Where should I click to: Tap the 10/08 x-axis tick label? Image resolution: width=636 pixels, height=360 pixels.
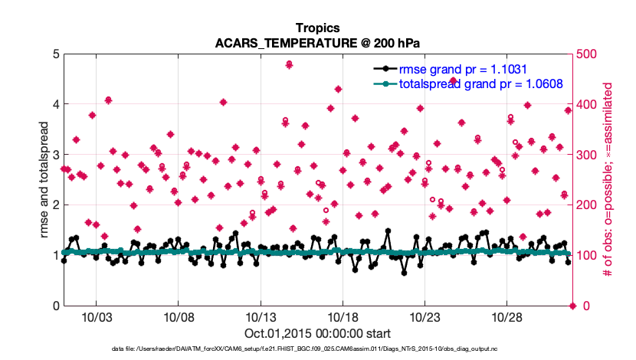[x=178, y=316]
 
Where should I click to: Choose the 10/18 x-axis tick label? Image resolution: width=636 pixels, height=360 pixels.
[x=343, y=316]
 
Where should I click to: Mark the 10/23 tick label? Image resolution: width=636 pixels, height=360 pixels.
[x=425, y=316]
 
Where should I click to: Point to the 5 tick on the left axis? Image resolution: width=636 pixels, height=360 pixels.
[x=55, y=54]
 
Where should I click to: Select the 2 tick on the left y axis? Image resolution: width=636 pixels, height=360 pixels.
[x=55, y=205]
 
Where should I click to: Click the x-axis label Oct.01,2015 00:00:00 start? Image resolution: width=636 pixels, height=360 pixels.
[x=317, y=333]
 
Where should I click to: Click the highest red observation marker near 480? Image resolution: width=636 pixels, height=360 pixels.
[x=289, y=64]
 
